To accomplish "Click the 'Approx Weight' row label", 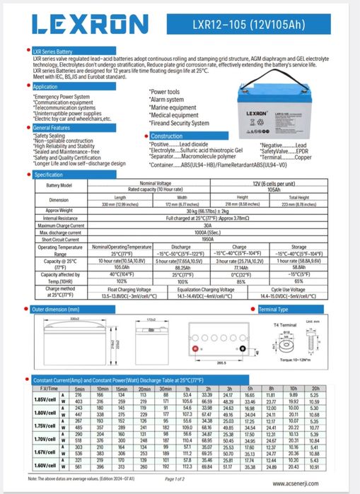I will [x=59, y=210].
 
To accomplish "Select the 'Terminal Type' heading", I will [x=273, y=310].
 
